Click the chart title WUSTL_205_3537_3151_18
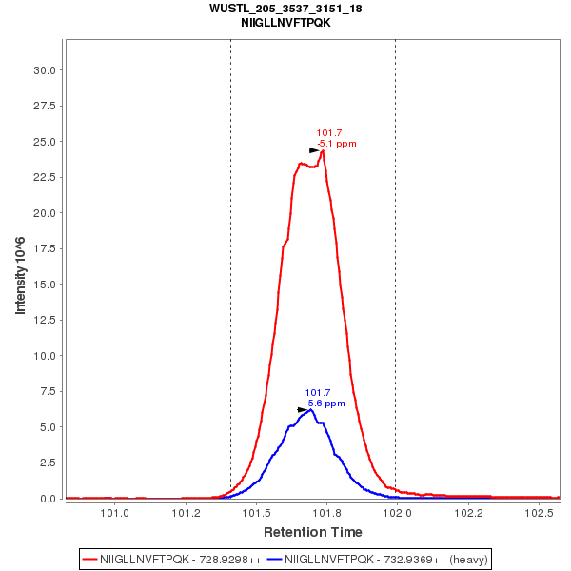285,9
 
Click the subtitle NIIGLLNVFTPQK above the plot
285,22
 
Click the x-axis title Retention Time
312,531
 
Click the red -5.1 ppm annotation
337,144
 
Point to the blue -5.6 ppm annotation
325,404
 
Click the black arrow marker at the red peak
314,150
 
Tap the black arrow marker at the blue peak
303,410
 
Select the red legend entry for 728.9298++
181,560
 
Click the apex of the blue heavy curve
310,410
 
